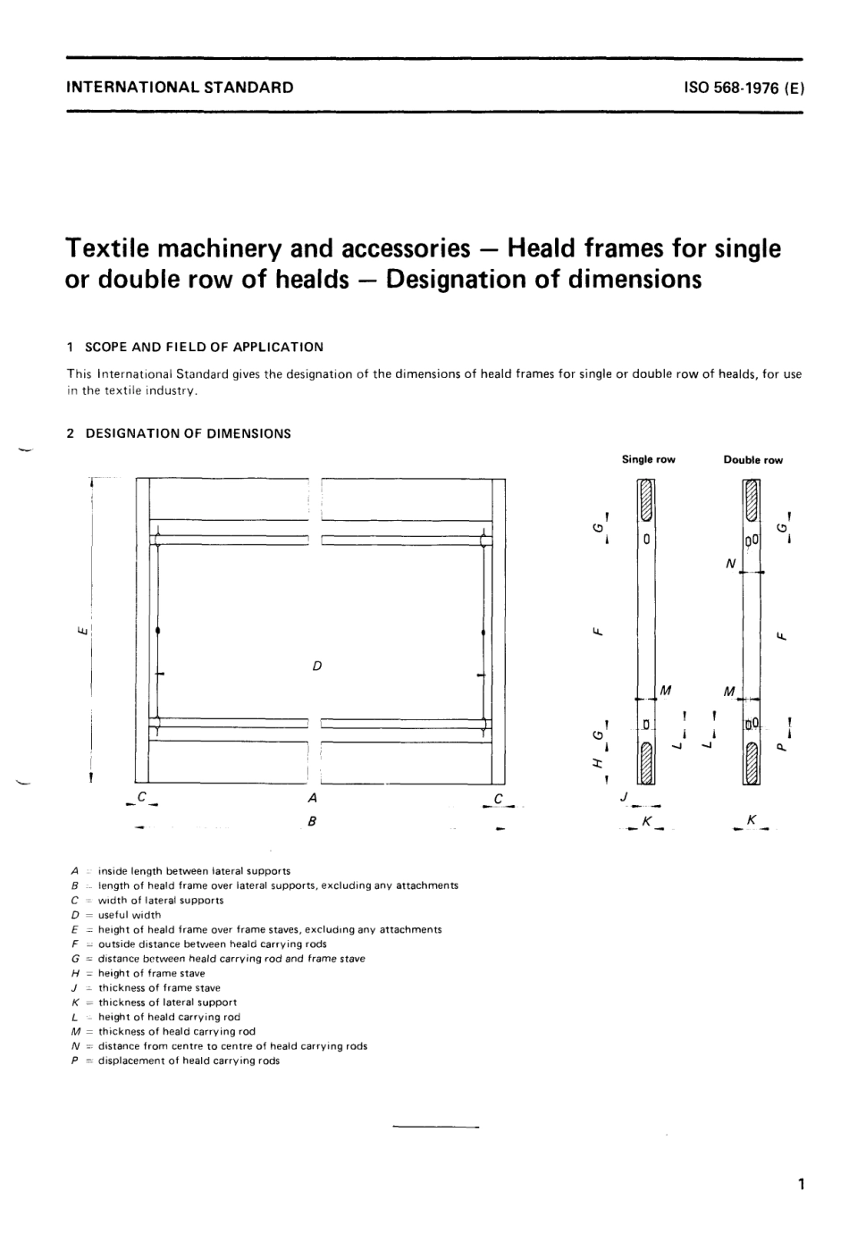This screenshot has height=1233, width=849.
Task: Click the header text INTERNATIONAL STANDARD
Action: point(180,88)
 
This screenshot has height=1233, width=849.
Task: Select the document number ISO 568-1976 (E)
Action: point(744,88)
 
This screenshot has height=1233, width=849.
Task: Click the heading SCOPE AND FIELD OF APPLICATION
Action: point(204,347)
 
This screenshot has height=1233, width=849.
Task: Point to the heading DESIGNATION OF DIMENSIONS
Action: point(188,433)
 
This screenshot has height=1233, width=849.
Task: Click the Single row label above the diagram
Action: point(648,459)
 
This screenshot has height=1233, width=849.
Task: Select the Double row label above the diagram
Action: point(752,460)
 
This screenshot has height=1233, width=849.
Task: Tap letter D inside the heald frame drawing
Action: point(316,666)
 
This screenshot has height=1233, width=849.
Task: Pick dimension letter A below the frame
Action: point(312,797)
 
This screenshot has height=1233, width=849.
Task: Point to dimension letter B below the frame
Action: point(312,820)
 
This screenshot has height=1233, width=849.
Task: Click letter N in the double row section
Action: point(731,564)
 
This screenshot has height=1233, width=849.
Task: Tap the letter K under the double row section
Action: point(752,818)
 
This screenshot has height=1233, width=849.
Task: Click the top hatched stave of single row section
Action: point(646,502)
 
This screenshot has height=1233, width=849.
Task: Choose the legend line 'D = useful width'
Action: point(116,915)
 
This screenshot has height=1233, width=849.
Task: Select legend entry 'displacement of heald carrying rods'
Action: point(175,1061)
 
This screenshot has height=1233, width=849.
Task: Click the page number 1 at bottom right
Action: point(802,1185)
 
